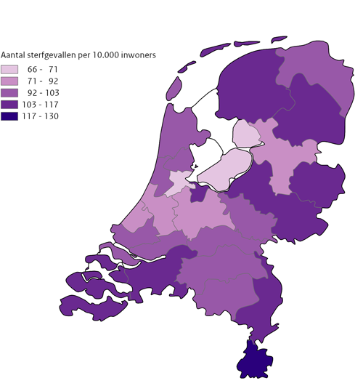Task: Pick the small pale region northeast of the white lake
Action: (x=245, y=134)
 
